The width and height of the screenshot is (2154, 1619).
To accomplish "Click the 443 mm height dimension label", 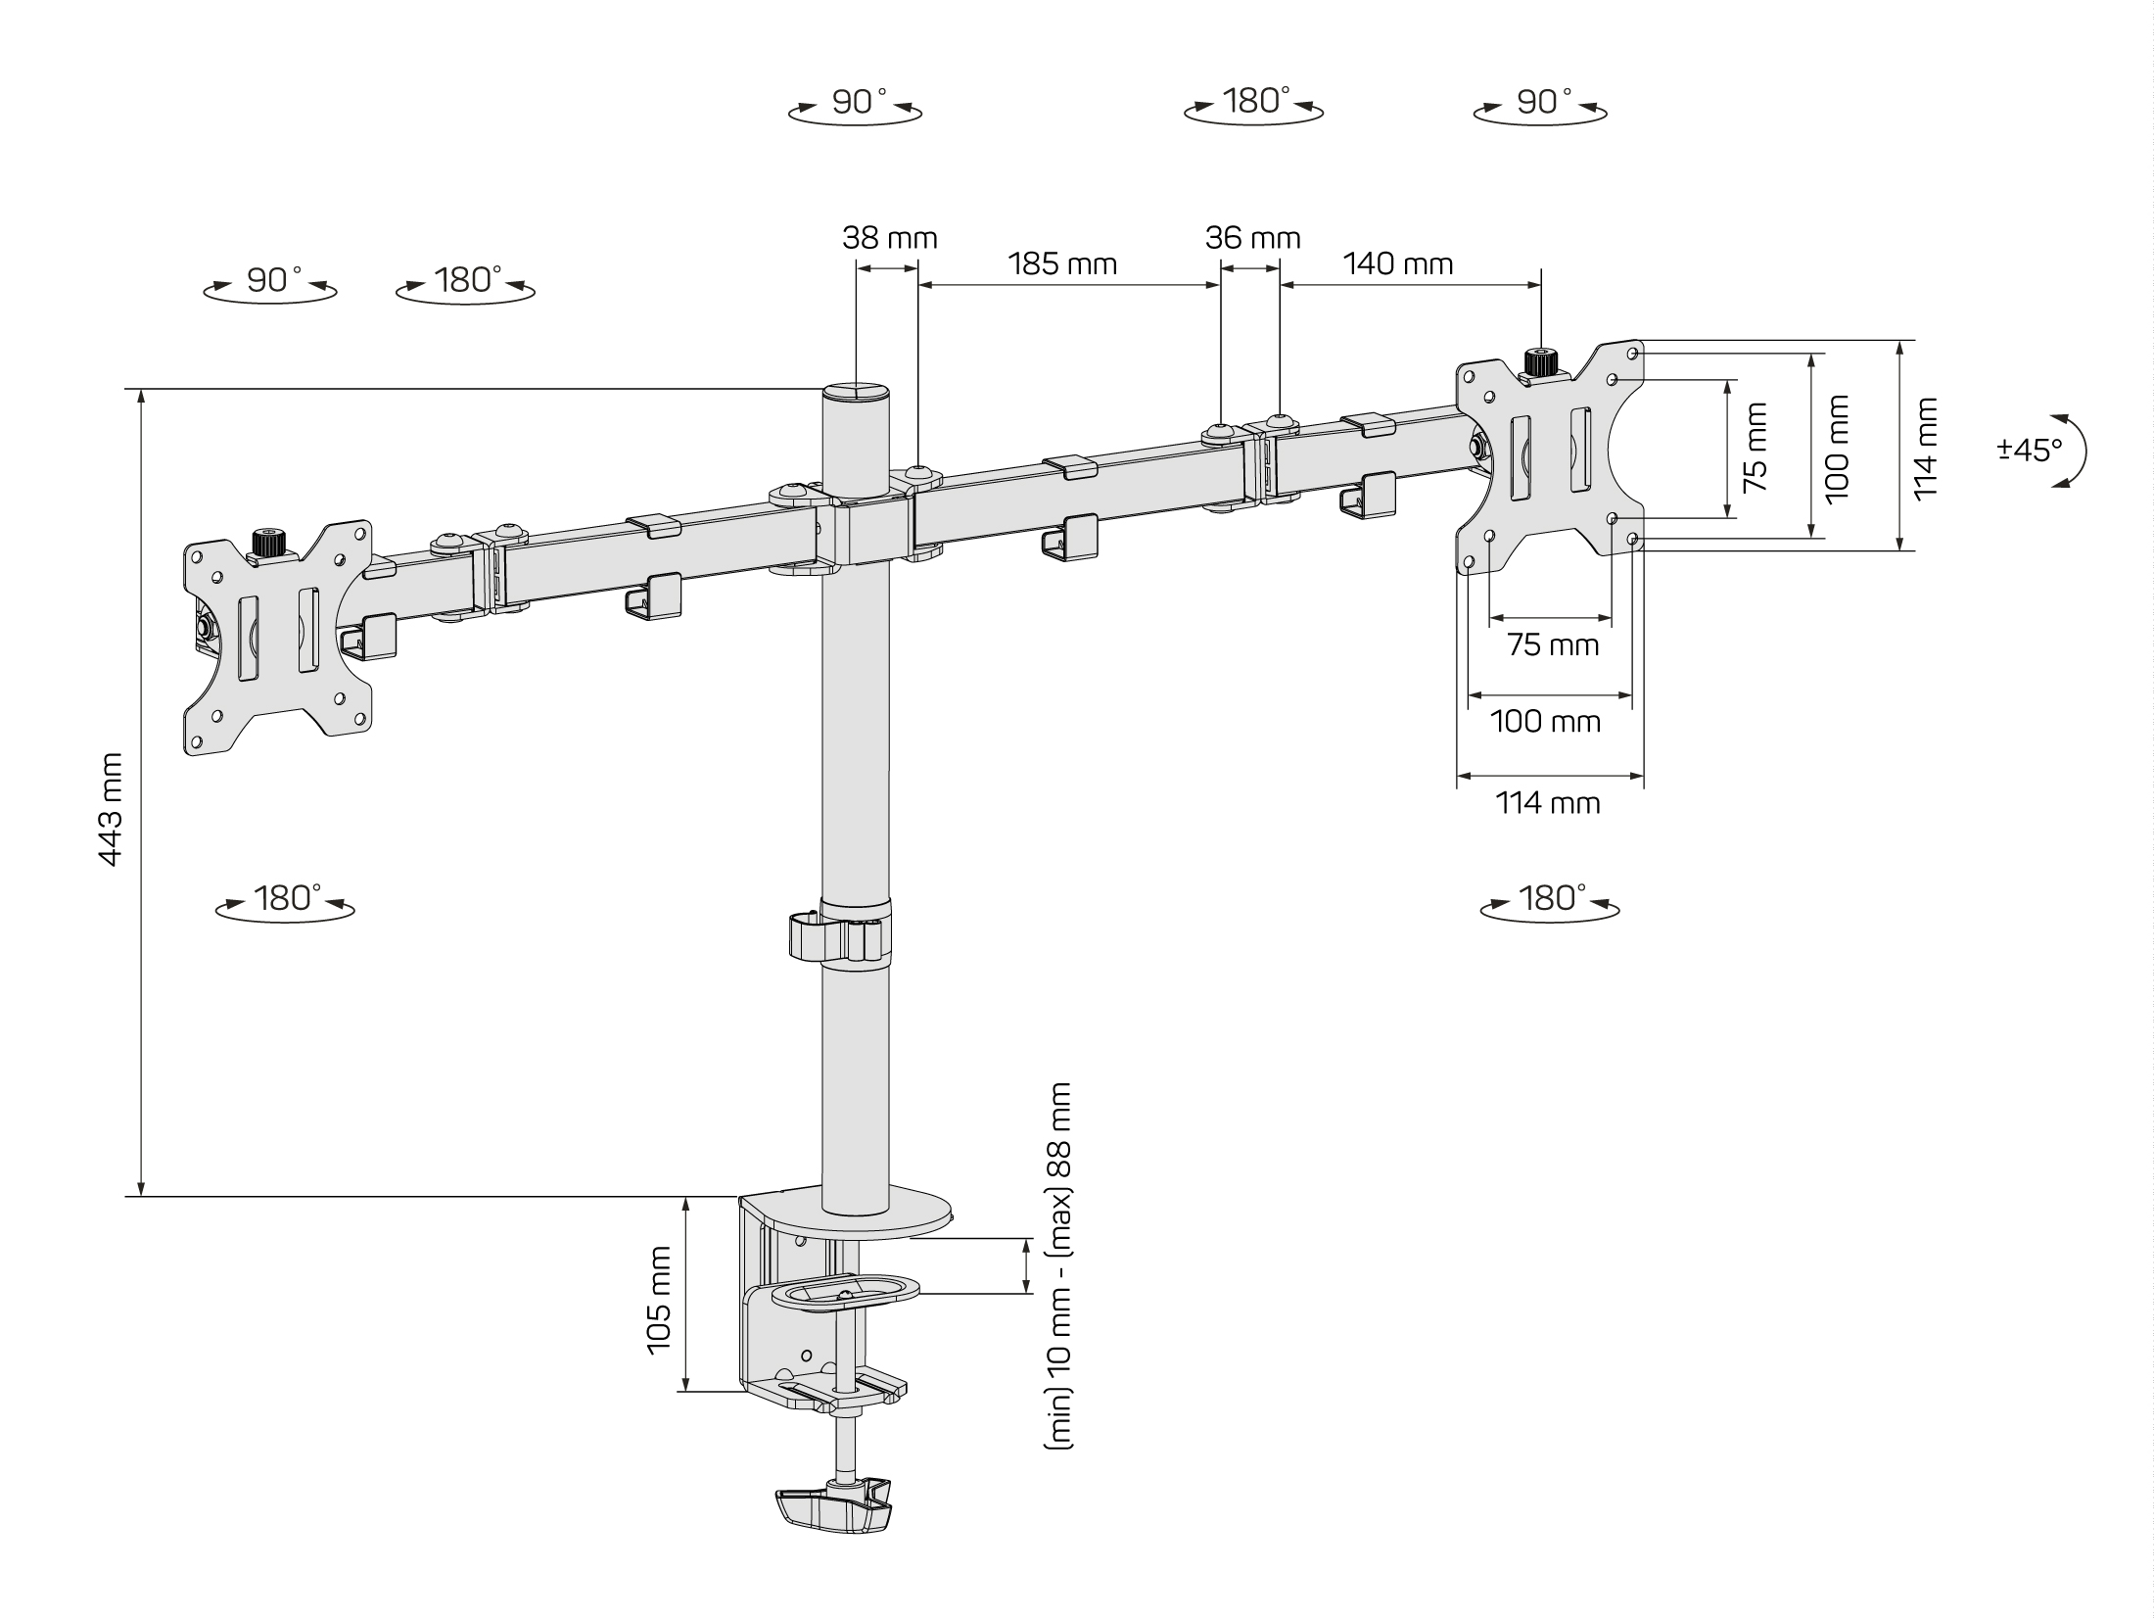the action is pos(111,809).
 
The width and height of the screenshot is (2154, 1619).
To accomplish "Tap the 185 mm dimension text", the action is pos(1062,263).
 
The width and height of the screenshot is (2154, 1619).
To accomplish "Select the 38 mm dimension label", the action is pos(890,238).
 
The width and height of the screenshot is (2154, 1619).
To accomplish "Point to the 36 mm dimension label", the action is pos(1252,238).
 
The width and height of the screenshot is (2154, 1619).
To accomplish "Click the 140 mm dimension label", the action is pos(1397,263).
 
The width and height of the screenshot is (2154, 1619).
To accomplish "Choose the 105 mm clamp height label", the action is pos(659,1301).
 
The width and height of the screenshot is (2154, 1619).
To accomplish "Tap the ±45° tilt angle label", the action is pos(2030,451).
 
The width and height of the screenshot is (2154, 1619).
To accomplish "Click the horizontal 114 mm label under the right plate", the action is pos(1548,803).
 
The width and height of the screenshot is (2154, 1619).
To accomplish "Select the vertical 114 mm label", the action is pos(1925,447).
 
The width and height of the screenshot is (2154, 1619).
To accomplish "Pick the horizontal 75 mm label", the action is pos(1553,645).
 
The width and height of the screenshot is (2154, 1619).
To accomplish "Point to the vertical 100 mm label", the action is pos(1837,447).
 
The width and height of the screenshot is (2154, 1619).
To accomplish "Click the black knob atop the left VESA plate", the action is pos(268,543).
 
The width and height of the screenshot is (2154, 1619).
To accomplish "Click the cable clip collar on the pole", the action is pos(840,935).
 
